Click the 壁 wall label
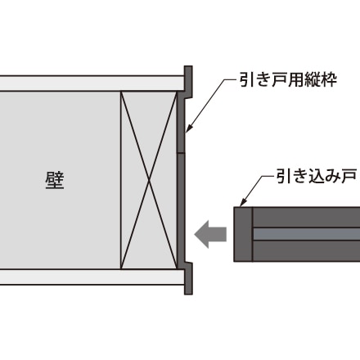click(x=55, y=180)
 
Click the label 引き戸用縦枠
click(x=288, y=79)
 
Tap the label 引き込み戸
click(x=317, y=176)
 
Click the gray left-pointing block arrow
click(x=210, y=234)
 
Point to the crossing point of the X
click(x=149, y=180)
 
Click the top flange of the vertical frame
click(x=188, y=82)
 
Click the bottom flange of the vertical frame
click(x=188, y=278)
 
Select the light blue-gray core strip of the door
click(x=307, y=234)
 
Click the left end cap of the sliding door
click(x=243, y=234)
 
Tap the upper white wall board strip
click(x=92, y=83)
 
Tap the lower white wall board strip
click(x=92, y=277)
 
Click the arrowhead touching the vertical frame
click(x=188, y=129)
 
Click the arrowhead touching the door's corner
click(x=243, y=203)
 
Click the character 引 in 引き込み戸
click(x=283, y=176)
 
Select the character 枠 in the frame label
click(x=329, y=79)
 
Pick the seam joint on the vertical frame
click(x=181, y=153)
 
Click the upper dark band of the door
click(x=307, y=218)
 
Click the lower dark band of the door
click(x=307, y=251)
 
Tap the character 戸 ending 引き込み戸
click(x=349, y=176)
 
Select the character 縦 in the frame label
click(x=313, y=79)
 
